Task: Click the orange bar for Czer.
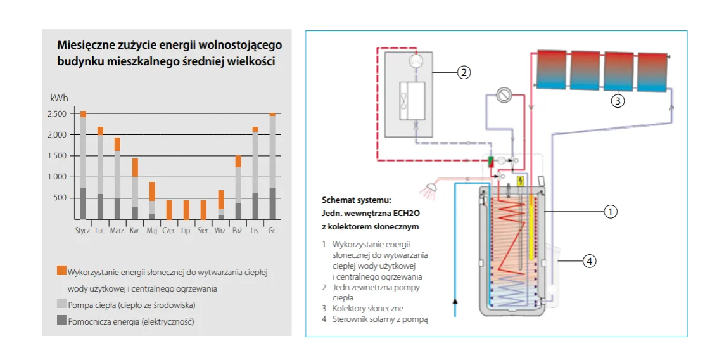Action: (x=169, y=210)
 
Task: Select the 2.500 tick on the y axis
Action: (x=57, y=114)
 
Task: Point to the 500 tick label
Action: (x=60, y=198)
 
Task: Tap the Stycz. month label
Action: (x=84, y=231)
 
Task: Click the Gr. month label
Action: (x=272, y=231)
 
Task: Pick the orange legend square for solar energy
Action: (x=61, y=271)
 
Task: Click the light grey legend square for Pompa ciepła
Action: (x=61, y=304)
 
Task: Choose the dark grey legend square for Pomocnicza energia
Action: (x=61, y=321)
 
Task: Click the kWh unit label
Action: (x=58, y=99)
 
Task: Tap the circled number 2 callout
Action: (x=464, y=72)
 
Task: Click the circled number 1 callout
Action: (x=610, y=212)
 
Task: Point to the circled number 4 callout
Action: (x=589, y=260)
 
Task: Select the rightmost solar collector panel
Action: (x=652, y=70)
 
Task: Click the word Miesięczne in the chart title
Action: (x=84, y=46)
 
